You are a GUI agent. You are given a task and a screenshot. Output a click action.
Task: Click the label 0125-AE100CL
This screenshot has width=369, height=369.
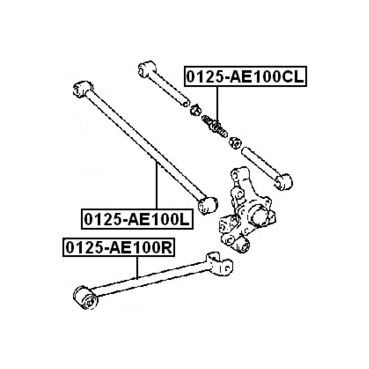pos(245,77)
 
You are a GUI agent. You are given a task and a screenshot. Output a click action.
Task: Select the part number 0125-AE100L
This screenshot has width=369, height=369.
pos(137,219)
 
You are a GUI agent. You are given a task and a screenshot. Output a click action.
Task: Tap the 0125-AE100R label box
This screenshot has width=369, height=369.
pos(119,247)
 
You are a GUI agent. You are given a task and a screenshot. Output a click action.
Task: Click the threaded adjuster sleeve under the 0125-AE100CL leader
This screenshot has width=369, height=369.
pos(215,126)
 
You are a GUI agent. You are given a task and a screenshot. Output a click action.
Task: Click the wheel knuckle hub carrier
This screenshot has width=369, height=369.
pos(247,210)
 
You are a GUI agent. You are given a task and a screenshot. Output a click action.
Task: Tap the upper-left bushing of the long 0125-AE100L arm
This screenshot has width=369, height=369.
pos(82,89)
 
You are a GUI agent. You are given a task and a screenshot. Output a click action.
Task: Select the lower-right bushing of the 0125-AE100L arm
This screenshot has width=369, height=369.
pos(208,205)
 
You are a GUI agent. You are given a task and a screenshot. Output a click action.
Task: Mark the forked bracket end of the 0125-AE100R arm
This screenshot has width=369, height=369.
pos(219,264)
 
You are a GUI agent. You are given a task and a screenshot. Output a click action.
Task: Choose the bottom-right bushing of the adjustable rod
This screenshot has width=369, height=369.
pos(284,181)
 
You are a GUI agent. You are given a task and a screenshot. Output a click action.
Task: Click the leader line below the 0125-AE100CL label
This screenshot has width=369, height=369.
pos(217,105)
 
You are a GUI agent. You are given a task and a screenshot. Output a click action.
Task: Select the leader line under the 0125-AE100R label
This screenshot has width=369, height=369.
pos(137,267)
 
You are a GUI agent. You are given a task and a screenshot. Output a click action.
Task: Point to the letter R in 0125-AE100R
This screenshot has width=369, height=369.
pos(166,248)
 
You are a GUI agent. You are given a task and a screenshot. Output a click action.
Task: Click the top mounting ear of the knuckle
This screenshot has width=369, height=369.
pos(240,174)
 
